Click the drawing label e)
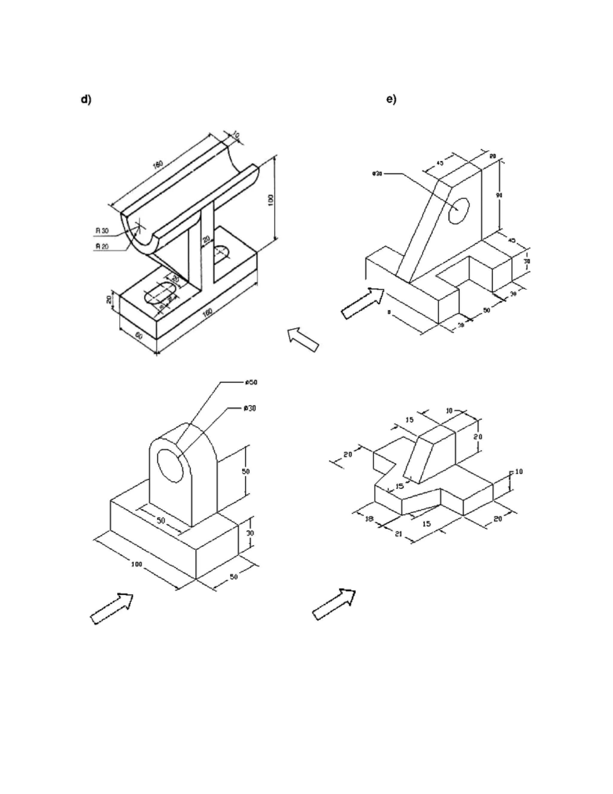pyautogui.click(x=392, y=99)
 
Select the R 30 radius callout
pyautogui.click(x=102, y=230)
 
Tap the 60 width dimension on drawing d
pyautogui.click(x=138, y=336)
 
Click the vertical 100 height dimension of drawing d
pyautogui.click(x=271, y=200)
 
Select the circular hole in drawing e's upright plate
pyautogui.click(x=458, y=211)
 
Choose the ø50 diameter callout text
pyautogui.click(x=251, y=382)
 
